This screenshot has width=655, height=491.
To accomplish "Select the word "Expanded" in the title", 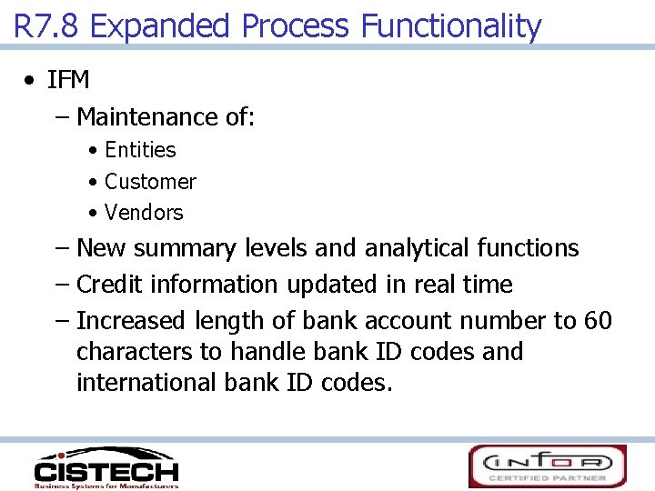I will (161, 26).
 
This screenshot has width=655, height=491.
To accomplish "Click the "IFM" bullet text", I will (68, 81).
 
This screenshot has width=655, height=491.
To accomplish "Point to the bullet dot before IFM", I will (32, 81).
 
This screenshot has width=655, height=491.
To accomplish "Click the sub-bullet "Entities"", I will (140, 150).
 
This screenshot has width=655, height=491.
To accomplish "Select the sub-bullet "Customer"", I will (150, 182).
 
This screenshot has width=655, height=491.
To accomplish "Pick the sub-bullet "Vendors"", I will (144, 213).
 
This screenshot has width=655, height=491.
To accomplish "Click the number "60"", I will (599, 321).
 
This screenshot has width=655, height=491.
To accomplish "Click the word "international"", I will (146, 383).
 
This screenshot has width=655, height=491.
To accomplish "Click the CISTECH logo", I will (106, 467).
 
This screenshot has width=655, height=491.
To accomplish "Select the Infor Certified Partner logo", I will (547, 466).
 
